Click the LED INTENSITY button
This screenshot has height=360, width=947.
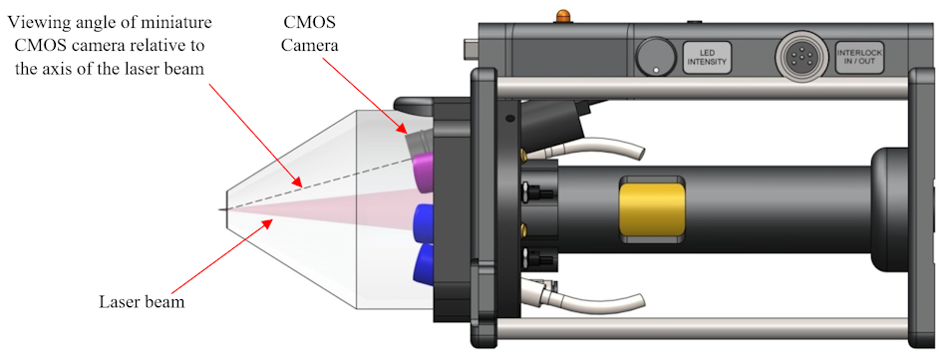click(x=707, y=58)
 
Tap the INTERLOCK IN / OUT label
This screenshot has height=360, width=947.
click(x=859, y=57)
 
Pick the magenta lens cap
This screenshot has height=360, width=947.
click(x=422, y=174)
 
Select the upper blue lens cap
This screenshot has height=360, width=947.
click(x=423, y=222)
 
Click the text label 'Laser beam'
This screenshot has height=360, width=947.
click(x=142, y=301)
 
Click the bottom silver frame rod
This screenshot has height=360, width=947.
click(x=702, y=328)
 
